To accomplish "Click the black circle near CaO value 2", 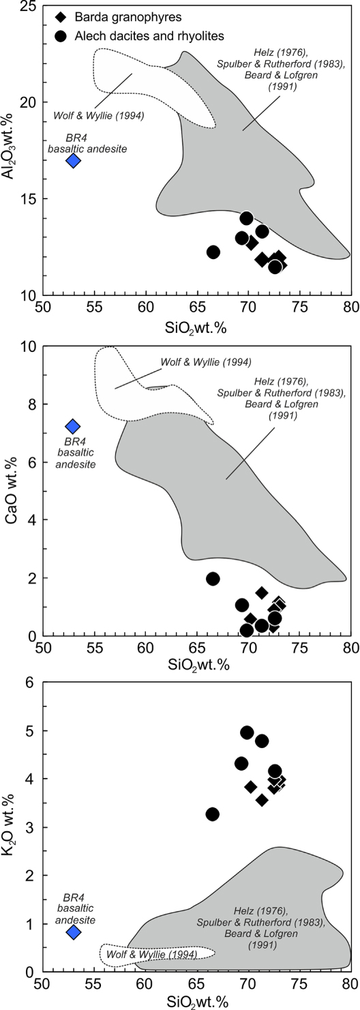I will [x=213, y=578].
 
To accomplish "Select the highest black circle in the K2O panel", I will [x=247, y=732].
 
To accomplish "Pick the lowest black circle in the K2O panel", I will [x=213, y=814].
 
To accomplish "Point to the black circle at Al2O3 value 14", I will [x=247, y=218].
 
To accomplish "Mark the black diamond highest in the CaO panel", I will [x=262, y=593].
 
